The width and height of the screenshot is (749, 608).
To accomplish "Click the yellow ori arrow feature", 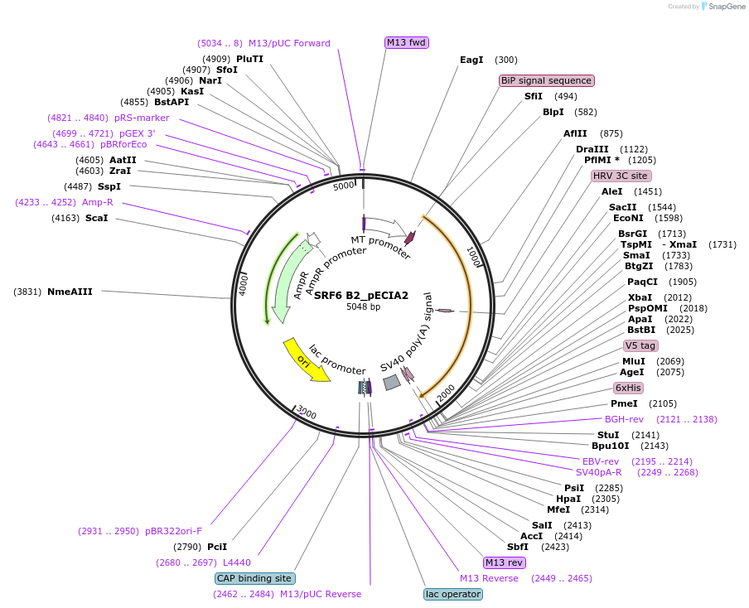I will click(x=306, y=359).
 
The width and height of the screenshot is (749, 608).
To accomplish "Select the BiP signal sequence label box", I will click(x=547, y=80).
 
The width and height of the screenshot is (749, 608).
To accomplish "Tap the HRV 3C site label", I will click(x=621, y=176).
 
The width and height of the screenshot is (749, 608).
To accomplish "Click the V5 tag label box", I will click(x=640, y=345).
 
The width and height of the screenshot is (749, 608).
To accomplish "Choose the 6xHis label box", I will click(x=628, y=388).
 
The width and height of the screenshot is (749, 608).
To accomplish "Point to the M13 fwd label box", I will click(x=407, y=42).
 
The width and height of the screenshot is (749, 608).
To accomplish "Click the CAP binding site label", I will click(x=254, y=578).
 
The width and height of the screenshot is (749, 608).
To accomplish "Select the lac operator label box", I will click(x=452, y=594).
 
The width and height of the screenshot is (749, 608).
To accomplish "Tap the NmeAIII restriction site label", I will click(x=70, y=292).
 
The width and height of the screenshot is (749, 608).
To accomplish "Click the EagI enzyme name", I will click(x=471, y=60).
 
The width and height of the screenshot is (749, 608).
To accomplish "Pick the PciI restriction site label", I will click(x=217, y=547).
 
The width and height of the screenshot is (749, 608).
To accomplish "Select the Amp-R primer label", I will click(x=98, y=202).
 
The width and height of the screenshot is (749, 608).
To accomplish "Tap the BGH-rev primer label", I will click(x=624, y=419).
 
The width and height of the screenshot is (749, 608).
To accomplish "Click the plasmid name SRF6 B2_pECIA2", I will click(x=361, y=295).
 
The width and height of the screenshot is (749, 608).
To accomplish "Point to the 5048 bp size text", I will click(x=363, y=306).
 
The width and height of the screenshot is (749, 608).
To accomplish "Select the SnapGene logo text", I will click(x=726, y=7).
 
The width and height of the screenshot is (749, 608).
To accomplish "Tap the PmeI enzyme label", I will click(x=624, y=403).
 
